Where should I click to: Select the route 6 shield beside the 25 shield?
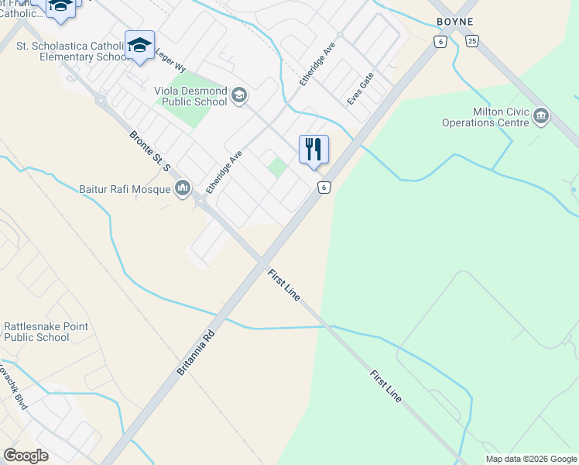(x=440, y=42)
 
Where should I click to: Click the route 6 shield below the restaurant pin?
(x=324, y=187)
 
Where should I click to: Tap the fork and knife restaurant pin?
(x=313, y=149)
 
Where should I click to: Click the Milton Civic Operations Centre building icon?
(x=540, y=117)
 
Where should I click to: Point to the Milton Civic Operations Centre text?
(x=485, y=117)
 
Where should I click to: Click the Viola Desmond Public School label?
(x=190, y=96)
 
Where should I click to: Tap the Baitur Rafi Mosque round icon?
(x=183, y=188)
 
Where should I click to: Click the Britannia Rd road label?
(x=194, y=354)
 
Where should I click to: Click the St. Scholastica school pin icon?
(x=139, y=45)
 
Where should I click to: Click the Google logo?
(x=26, y=456)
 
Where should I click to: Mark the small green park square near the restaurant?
(x=276, y=167)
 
